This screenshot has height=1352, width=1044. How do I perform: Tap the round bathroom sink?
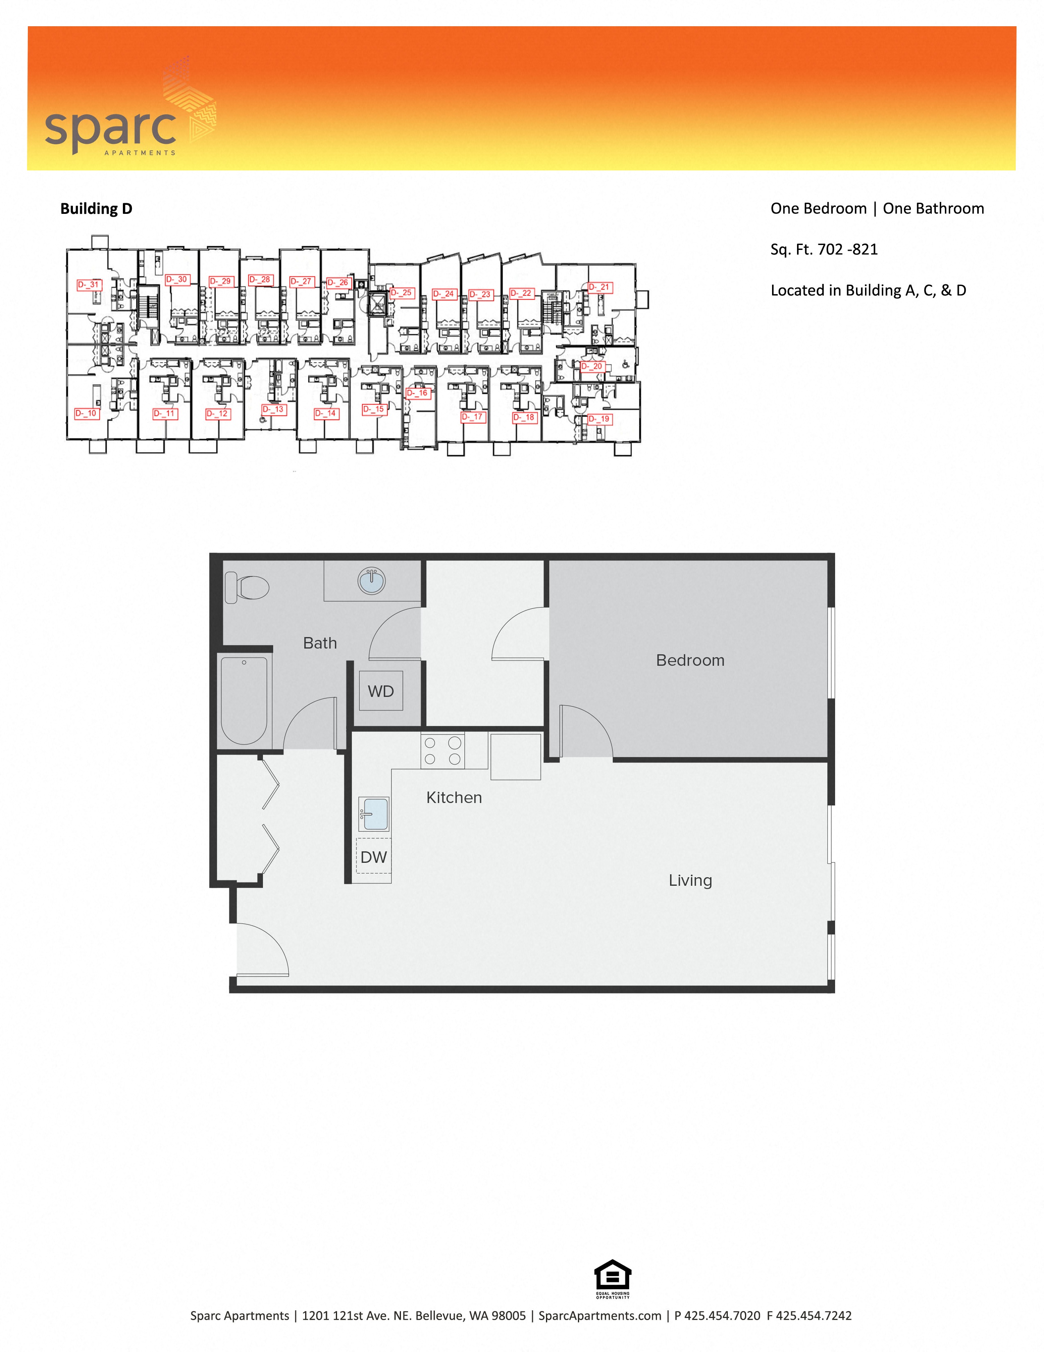click(371, 581)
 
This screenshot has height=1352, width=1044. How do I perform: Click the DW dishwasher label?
click(374, 857)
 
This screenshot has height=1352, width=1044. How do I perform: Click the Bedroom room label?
click(690, 660)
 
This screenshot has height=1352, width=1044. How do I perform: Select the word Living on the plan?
click(690, 880)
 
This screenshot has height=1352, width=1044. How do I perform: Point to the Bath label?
click(320, 643)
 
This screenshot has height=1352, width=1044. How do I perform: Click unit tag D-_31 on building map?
click(88, 285)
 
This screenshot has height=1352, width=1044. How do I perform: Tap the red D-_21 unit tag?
click(599, 287)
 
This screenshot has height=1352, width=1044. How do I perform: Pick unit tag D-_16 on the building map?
click(418, 393)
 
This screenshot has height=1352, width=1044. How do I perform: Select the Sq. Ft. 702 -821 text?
click(824, 250)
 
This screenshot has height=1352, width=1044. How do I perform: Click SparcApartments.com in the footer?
click(600, 1316)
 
